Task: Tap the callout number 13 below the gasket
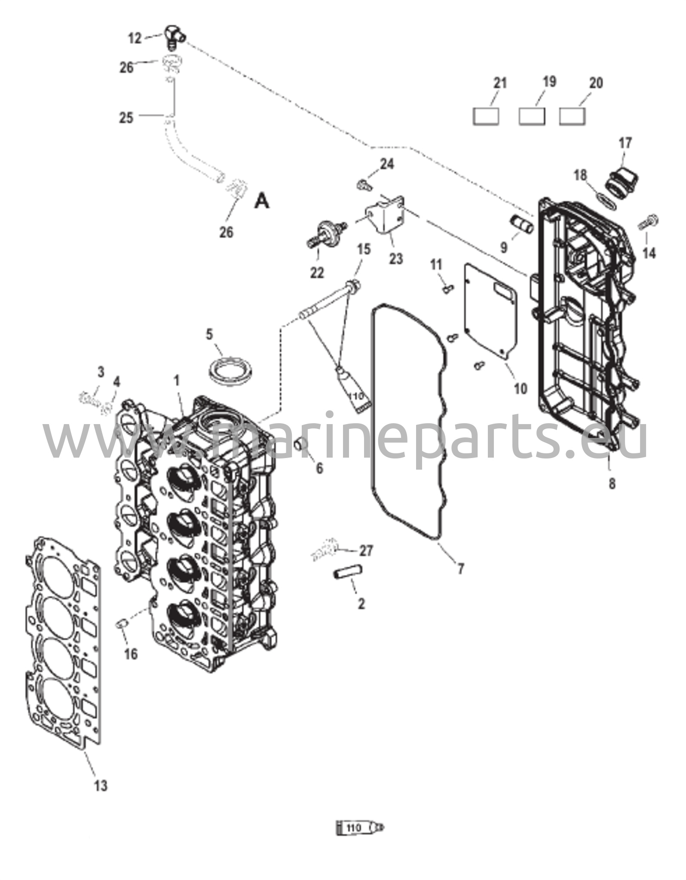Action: (x=100, y=785)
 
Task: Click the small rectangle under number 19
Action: (x=532, y=116)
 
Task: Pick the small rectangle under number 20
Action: (x=573, y=116)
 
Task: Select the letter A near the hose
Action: (x=262, y=201)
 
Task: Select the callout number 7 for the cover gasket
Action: (x=460, y=569)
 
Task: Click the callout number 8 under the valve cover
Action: (x=612, y=484)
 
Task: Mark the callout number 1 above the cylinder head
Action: (x=176, y=381)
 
